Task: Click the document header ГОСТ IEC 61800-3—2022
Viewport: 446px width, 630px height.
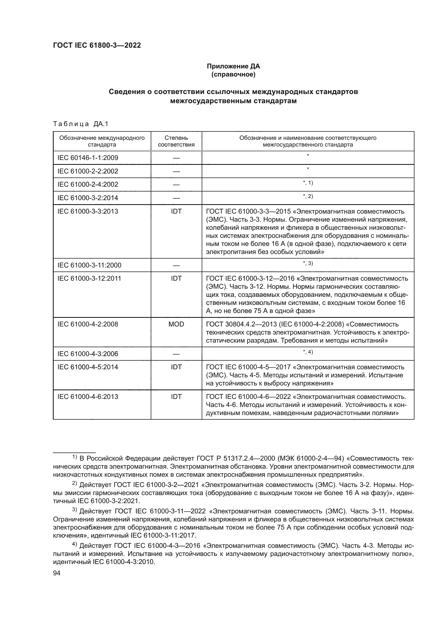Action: [x=97, y=45]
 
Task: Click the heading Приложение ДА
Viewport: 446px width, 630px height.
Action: [x=233, y=66]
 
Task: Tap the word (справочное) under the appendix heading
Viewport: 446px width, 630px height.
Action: [x=233, y=74]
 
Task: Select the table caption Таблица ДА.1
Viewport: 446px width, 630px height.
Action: [x=80, y=124]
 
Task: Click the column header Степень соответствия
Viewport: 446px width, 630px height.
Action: [x=176, y=141]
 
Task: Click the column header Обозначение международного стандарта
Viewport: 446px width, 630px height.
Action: [x=102, y=141]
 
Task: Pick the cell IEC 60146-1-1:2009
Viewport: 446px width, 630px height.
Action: [x=88, y=158]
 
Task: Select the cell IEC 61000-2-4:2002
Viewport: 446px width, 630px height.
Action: [x=88, y=185]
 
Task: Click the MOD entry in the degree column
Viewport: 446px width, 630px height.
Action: [x=176, y=324]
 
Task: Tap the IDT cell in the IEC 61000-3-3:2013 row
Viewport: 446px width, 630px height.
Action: [x=176, y=211]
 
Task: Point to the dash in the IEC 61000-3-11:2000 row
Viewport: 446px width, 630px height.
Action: [x=176, y=266]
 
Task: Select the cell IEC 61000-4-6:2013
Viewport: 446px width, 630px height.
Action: [x=88, y=397]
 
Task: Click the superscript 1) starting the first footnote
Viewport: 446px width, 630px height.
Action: [x=75, y=457]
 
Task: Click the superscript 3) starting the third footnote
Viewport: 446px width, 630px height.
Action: [x=75, y=510]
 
